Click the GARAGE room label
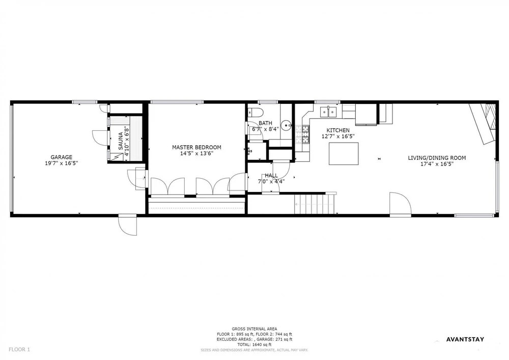tap(62, 157)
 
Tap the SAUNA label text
tap(121, 141)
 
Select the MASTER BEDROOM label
tap(196, 147)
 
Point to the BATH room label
tap(265, 123)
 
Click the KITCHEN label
tap(338, 130)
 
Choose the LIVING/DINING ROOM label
tap(437, 158)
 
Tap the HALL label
tap(271, 176)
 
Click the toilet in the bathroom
tap(256, 113)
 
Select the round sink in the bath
tap(286, 125)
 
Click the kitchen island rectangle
tap(344, 154)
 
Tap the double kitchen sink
tap(329, 112)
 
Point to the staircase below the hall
tap(314, 204)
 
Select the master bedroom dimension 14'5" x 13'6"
tap(196, 153)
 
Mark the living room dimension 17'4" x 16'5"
tap(437, 164)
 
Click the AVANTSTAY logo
tap(465, 340)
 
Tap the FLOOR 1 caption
tap(19, 350)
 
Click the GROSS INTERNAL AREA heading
tap(254, 329)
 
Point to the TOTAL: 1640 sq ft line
tap(254, 345)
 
